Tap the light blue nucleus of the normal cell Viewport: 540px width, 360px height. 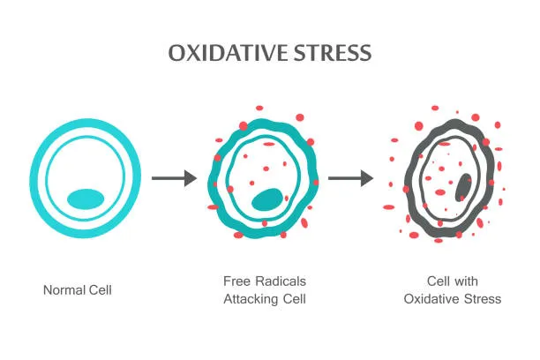(x=86, y=199)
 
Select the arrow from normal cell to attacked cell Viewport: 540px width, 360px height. (x=173, y=178)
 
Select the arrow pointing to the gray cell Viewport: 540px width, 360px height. (x=350, y=178)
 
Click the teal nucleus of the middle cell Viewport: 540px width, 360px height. (x=267, y=199)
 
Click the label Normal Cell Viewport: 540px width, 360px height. (x=78, y=289)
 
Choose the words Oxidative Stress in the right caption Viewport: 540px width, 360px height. (x=453, y=299)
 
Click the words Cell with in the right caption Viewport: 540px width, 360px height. (x=453, y=281)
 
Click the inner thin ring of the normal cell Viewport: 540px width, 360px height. (x=49, y=176)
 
